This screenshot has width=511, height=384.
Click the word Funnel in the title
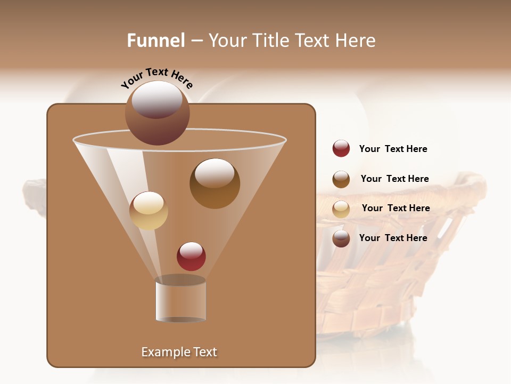(155, 41)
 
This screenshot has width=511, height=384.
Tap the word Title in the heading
(270, 41)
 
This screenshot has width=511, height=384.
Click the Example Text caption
(179, 352)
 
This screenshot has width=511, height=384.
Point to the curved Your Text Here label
(156, 77)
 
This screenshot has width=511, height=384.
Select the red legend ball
(341, 148)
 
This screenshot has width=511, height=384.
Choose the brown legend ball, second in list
(341, 179)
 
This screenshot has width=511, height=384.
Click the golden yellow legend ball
(341, 209)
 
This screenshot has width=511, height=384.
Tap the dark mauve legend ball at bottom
(341, 238)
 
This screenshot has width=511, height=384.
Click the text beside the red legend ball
(393, 149)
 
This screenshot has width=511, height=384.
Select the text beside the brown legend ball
(394, 179)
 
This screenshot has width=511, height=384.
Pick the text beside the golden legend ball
(395, 208)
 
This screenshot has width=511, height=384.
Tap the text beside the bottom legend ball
(393, 238)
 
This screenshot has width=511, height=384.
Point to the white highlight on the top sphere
(156, 99)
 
